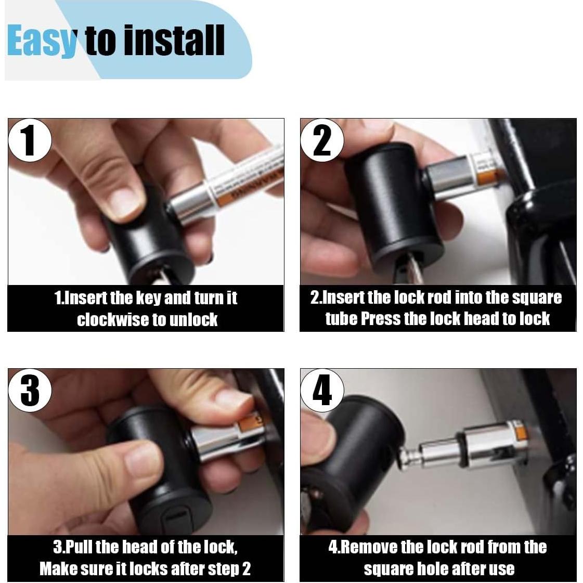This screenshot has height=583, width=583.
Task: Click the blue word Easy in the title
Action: coord(42,41)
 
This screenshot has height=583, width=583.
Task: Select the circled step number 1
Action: coord(29,140)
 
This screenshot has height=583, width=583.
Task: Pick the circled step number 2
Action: coord(321,140)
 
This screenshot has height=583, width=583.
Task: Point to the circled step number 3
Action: coord(29,391)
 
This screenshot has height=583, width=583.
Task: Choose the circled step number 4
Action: coord(321,391)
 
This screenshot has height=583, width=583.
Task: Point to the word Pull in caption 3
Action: coord(77,547)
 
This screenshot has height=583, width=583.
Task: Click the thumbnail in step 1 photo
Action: coord(122,202)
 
